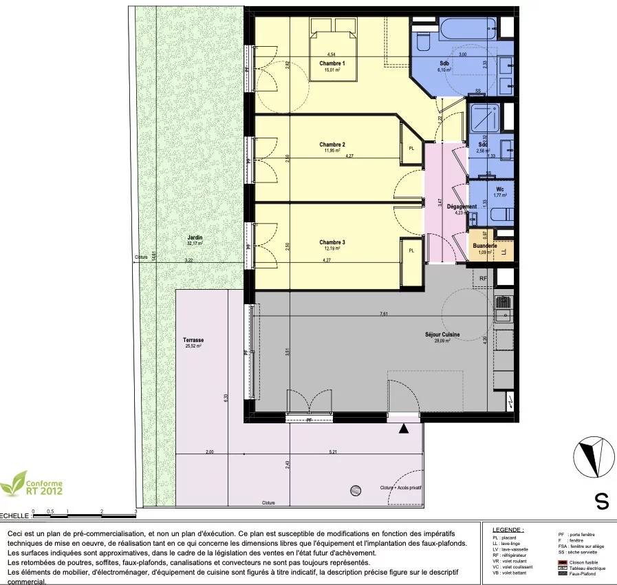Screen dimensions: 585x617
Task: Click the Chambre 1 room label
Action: click(x=332, y=63)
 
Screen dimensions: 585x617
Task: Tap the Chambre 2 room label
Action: click(x=332, y=145)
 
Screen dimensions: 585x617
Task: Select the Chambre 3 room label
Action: click(x=332, y=242)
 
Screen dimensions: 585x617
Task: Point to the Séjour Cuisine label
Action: click(x=442, y=335)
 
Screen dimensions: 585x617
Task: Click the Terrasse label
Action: click(x=193, y=340)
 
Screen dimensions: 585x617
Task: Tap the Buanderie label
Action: click(x=484, y=246)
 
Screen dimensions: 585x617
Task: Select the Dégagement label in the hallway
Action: click(x=461, y=206)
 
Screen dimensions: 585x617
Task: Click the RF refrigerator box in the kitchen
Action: click(x=484, y=278)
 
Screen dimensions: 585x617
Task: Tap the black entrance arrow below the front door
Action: click(x=404, y=429)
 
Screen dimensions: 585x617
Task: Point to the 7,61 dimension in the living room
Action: click(x=384, y=313)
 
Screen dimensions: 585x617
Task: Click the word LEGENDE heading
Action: click(x=508, y=530)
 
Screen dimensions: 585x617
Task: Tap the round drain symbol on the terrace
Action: click(x=355, y=490)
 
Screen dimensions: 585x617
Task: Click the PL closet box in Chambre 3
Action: click(x=411, y=251)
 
